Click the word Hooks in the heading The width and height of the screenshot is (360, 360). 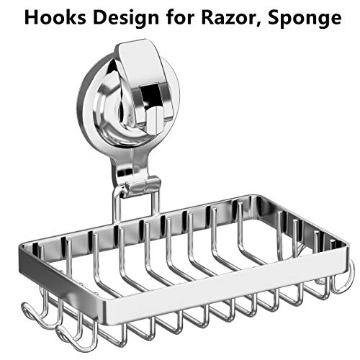pyautogui.click(x=55, y=17)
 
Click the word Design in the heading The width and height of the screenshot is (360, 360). pyautogui.click(x=126, y=19)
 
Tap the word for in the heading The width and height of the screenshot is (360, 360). pyautogui.click(x=180, y=17)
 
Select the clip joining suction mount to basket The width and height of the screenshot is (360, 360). pyautogui.click(x=142, y=186)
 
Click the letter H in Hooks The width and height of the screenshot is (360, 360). pyautogui.click(x=31, y=17)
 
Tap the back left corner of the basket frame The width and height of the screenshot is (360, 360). pyautogui.click(x=23, y=247)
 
